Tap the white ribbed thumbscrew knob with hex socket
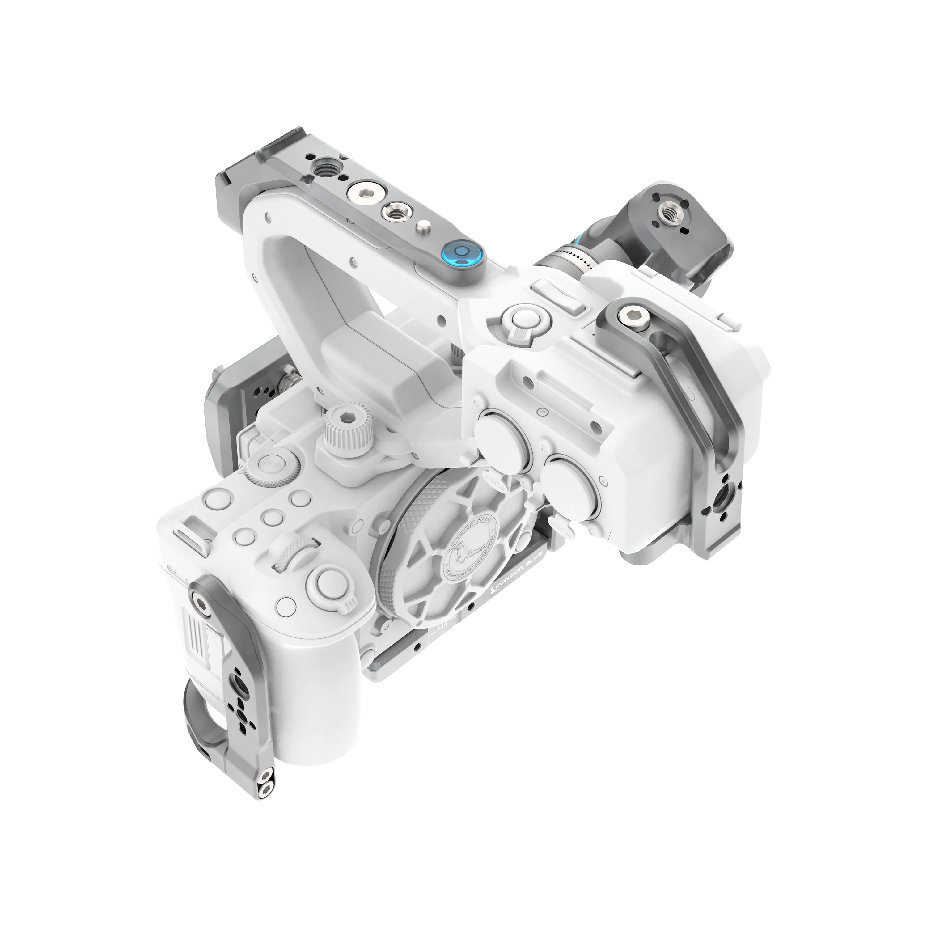(x=343, y=421)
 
